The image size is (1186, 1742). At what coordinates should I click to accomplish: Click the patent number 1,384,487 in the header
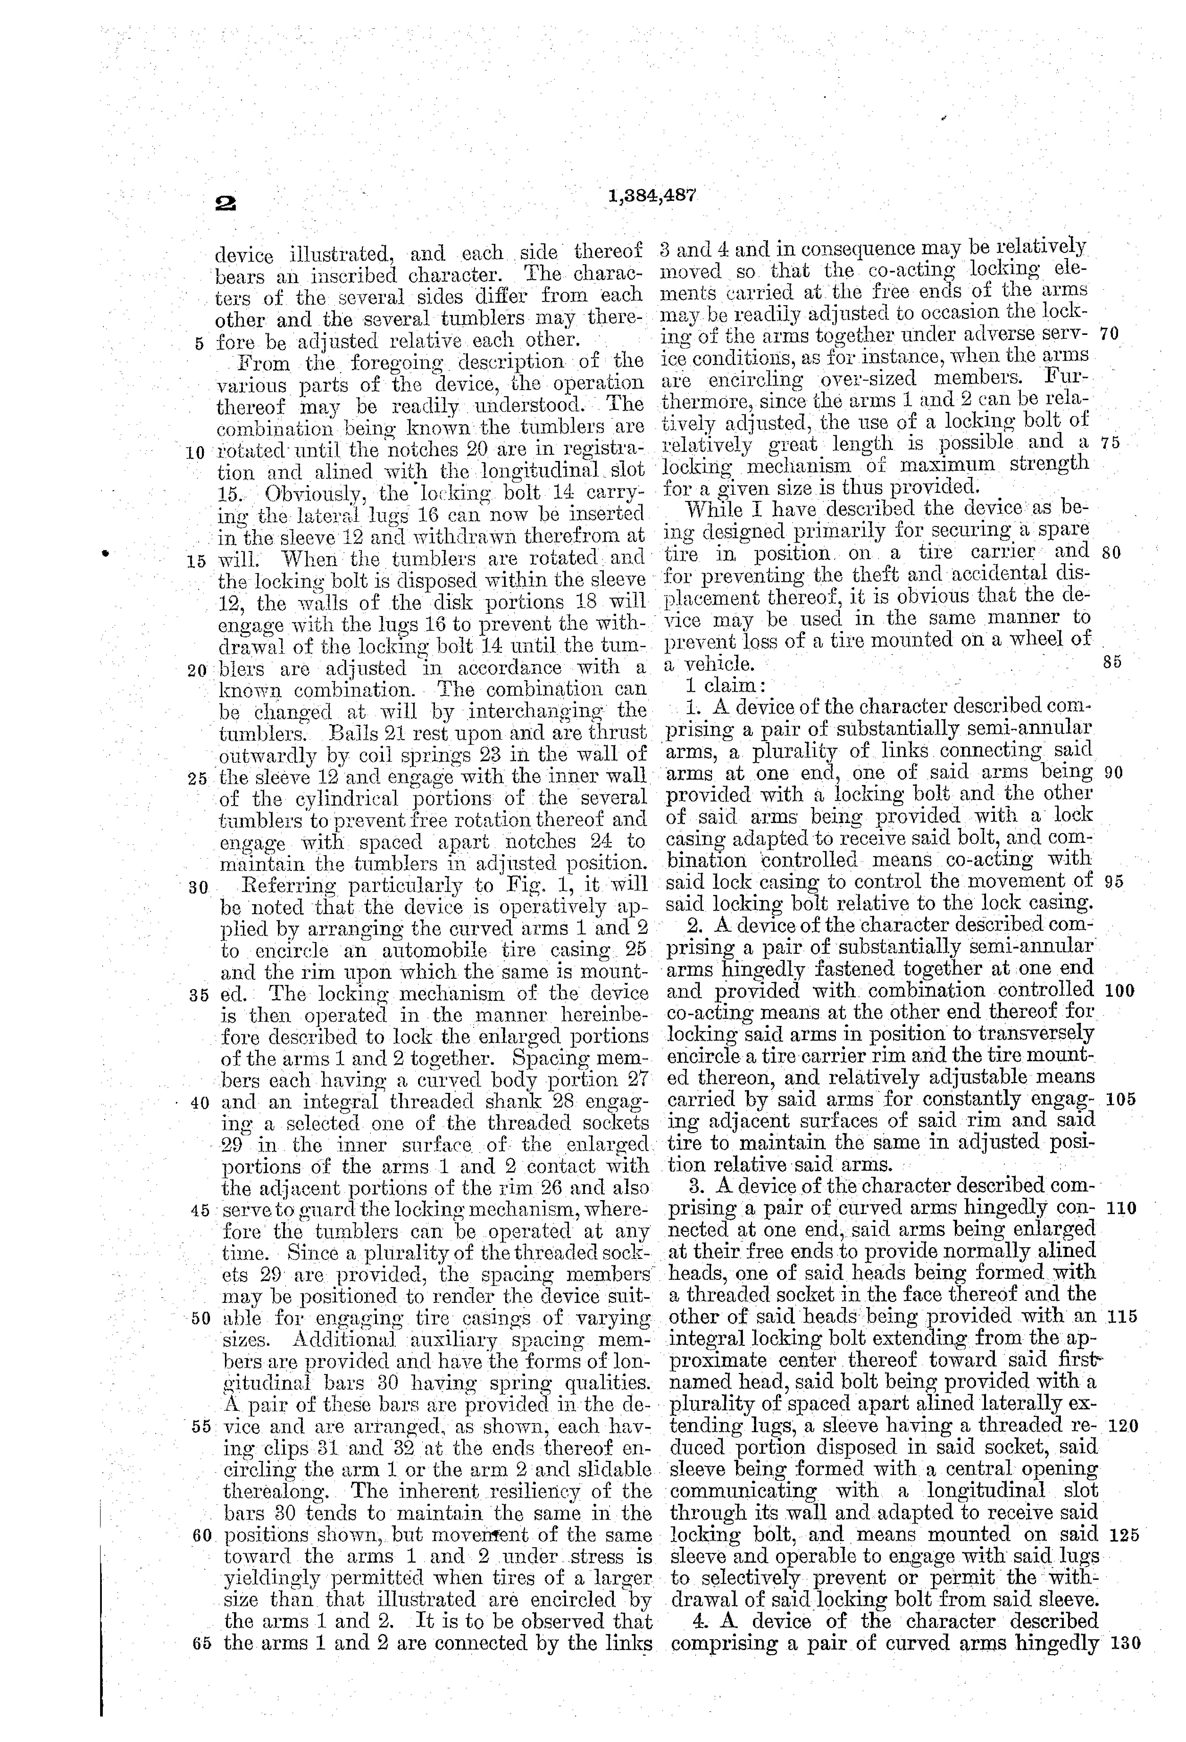pyautogui.click(x=652, y=196)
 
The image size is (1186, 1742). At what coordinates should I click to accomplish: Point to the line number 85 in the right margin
pyautogui.click(x=1113, y=663)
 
